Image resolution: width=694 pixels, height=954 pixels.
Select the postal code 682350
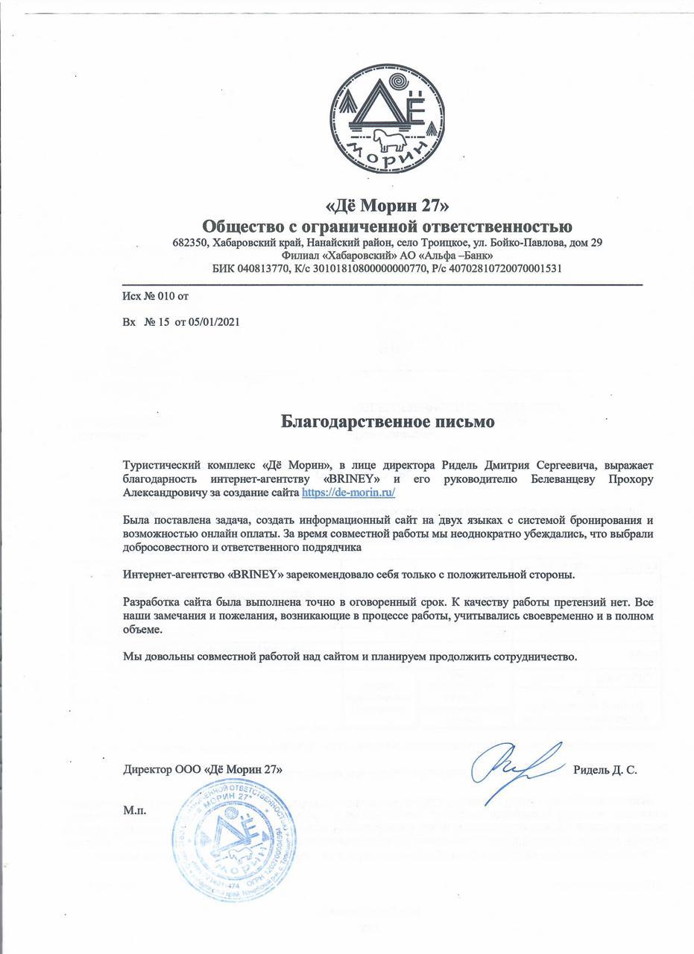(x=190, y=243)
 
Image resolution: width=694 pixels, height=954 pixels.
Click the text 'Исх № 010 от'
(x=156, y=297)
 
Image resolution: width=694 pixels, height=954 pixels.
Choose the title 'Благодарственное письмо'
(x=388, y=422)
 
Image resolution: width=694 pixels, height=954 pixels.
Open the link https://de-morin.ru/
(x=348, y=493)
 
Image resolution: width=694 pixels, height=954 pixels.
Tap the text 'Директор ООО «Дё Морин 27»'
(x=203, y=769)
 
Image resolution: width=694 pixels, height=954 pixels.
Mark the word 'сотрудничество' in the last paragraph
(x=534, y=657)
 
